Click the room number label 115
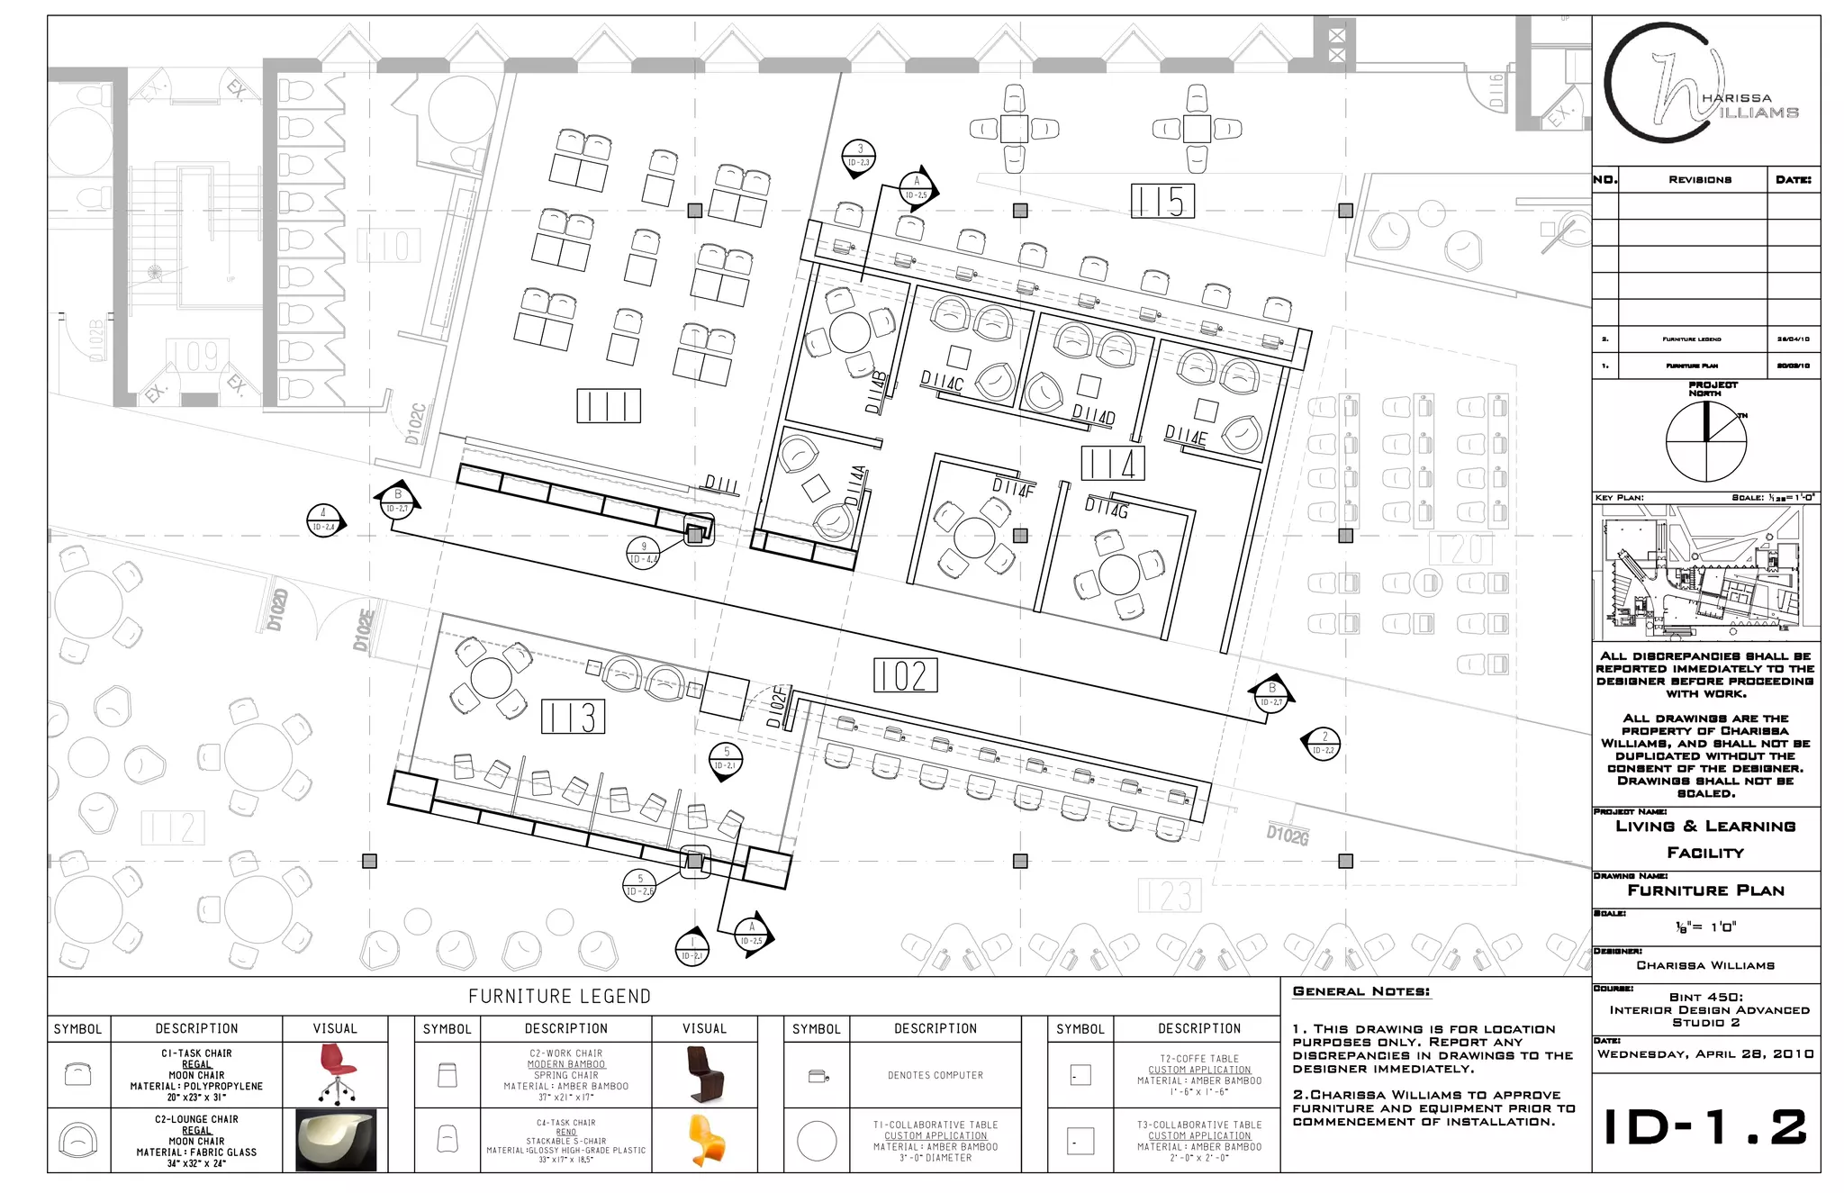pos(1162,201)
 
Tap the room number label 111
pos(609,406)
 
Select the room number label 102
pos(905,675)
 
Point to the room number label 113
pos(573,718)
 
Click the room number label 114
pos(1113,464)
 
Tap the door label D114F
pos(1013,488)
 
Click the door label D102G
pos(1288,835)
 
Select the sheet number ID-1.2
pos(1705,1127)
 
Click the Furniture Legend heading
pos(559,997)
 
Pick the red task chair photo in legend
pos(335,1073)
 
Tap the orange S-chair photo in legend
pos(705,1140)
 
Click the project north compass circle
pos(1705,441)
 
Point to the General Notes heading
pos(1360,991)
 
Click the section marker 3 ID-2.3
pos(859,157)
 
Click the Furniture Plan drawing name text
pos(1705,890)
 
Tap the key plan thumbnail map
pos(1705,574)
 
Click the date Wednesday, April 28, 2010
pos(1705,1054)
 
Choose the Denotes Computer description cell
pos(935,1075)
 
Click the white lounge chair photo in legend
pos(335,1140)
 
